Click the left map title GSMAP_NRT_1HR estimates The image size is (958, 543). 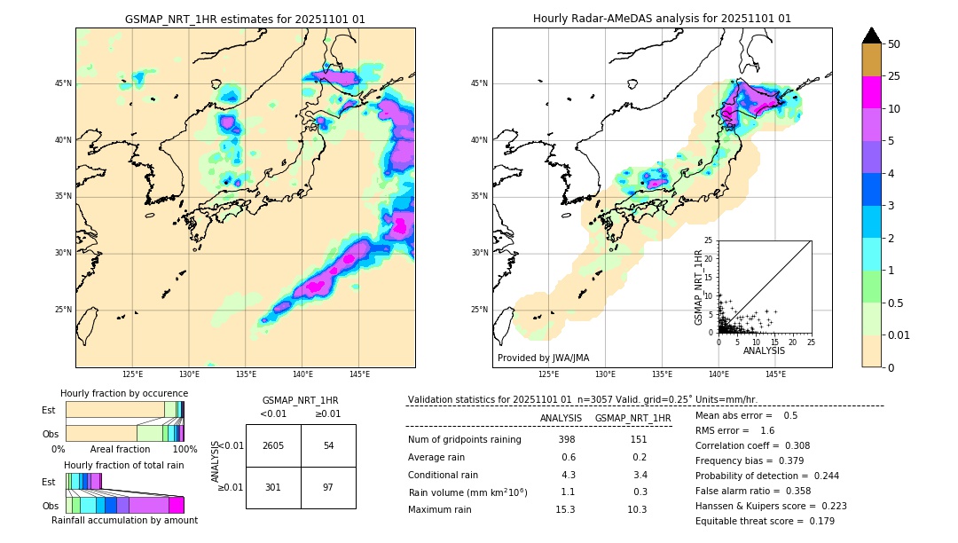tap(245, 19)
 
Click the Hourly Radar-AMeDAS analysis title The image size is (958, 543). tap(662, 19)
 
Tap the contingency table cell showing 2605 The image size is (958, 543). tap(273, 445)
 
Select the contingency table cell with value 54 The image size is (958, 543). tap(328, 445)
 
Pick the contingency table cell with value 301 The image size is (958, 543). tap(273, 487)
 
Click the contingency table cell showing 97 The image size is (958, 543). tap(328, 487)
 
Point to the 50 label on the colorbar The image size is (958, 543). tap(894, 44)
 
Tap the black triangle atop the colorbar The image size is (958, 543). tap(872, 35)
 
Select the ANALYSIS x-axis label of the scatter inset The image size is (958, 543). tap(764, 350)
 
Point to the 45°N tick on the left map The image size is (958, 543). tap(63, 83)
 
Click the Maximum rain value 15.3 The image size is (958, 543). tap(565, 509)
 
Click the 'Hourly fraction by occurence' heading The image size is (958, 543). tap(124, 393)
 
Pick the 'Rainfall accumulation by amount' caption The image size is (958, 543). tap(124, 520)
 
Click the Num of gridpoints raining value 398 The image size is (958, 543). tap(567, 439)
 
